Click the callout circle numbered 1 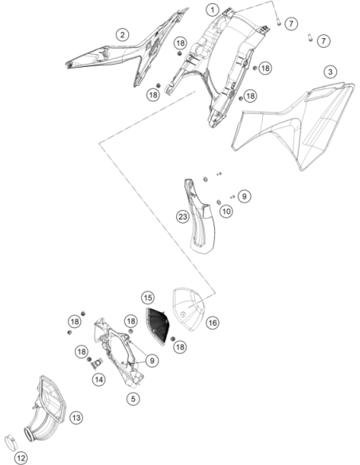click(x=213, y=10)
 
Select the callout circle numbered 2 click(x=122, y=35)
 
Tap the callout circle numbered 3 click(x=330, y=72)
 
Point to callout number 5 click(x=133, y=399)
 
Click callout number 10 click(x=226, y=212)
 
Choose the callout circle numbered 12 click(x=21, y=458)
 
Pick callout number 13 click(x=76, y=418)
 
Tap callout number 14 click(x=99, y=379)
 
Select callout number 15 click(x=148, y=298)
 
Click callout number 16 click(x=213, y=322)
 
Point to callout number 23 click(x=182, y=217)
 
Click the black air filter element click(x=157, y=326)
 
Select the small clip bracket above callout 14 click(x=96, y=363)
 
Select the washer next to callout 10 click(x=219, y=202)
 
